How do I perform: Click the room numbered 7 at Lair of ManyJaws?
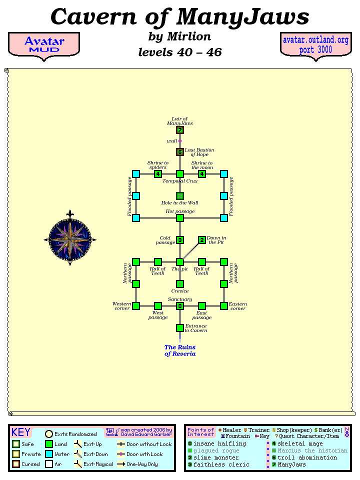click(180, 130)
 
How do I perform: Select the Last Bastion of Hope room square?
click(180, 152)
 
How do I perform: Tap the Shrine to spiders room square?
click(158, 174)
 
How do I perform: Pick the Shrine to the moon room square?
click(202, 174)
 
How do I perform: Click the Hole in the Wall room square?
click(180, 196)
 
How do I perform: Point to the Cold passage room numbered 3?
click(180, 240)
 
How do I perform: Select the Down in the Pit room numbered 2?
click(202, 240)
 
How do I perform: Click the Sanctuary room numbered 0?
click(180, 306)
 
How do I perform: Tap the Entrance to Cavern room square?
click(180, 328)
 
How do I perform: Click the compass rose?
click(70, 239)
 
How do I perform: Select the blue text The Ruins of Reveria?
click(180, 350)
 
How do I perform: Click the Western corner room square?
click(136, 306)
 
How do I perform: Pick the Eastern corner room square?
click(224, 306)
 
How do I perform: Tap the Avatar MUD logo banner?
click(44, 45)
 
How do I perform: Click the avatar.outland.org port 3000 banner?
click(315, 45)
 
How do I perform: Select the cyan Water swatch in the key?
click(49, 454)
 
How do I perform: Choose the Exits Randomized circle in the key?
click(49, 434)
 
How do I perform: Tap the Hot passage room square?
click(180, 218)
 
